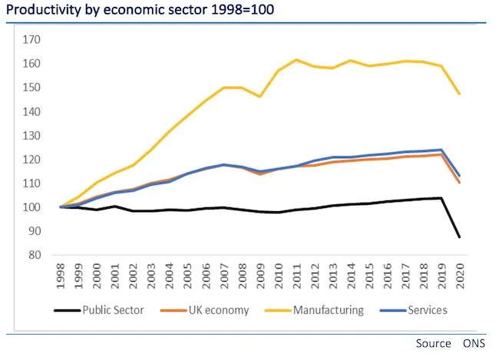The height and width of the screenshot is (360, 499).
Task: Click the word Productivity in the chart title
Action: point(41,11)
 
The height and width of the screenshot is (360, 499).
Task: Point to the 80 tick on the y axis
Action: point(35,256)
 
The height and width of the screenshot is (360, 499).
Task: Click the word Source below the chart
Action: point(433,344)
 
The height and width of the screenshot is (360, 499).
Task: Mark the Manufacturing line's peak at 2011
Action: point(296,60)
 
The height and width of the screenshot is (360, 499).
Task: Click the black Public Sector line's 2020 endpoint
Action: point(459,236)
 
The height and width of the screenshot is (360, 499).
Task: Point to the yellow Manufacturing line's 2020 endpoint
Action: point(459,94)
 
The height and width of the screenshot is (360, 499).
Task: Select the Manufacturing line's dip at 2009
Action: point(259,97)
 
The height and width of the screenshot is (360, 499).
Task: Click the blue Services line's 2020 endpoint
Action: point(459,175)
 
